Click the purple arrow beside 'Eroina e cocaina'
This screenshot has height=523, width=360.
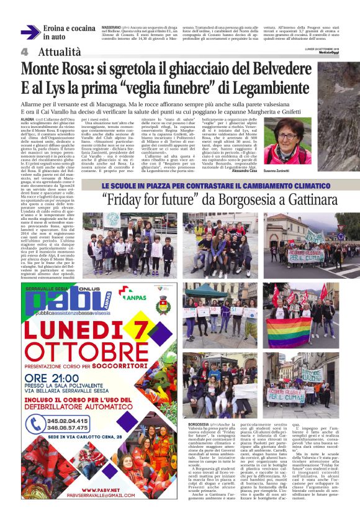point(29,33)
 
